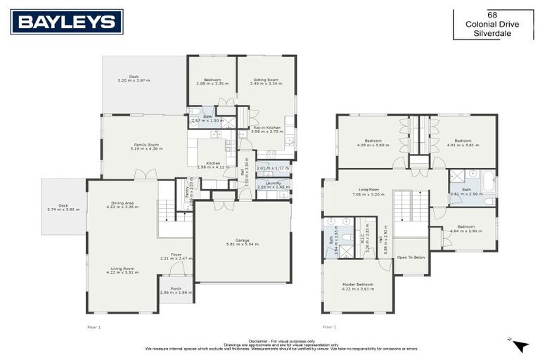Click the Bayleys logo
point(67,22)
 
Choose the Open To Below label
point(411,257)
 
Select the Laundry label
point(273,184)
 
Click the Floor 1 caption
point(94,327)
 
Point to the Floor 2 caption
point(330,327)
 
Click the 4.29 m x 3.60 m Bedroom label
point(373,143)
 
